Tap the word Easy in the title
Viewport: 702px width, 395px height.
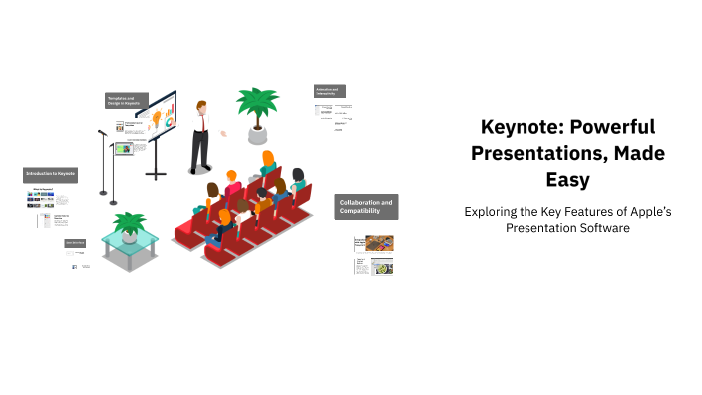point(566,180)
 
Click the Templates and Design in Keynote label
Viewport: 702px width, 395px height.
point(127,100)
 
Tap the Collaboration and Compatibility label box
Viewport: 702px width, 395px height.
point(366,207)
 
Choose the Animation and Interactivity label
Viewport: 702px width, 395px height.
point(330,90)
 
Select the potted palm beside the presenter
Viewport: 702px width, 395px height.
point(258,108)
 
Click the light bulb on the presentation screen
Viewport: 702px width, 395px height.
point(155,116)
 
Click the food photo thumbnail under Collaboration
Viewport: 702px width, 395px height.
point(379,243)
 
